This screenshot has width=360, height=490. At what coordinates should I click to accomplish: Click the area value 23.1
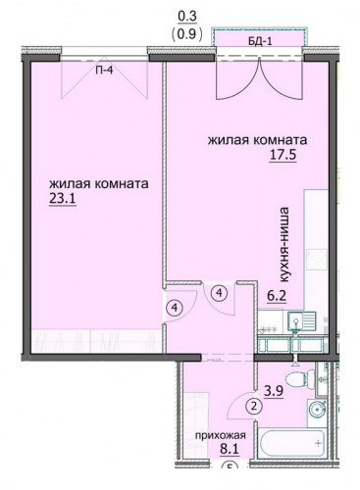click(x=63, y=199)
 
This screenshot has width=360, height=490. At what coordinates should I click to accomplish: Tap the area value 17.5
click(x=283, y=155)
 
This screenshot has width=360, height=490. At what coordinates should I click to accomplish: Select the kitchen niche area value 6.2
click(x=277, y=297)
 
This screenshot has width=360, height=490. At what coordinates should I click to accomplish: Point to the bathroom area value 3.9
click(x=274, y=391)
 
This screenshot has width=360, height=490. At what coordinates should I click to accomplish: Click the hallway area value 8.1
click(x=230, y=449)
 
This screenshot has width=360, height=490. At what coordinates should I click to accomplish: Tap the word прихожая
click(x=221, y=435)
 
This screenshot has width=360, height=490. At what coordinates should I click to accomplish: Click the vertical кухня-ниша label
click(x=283, y=245)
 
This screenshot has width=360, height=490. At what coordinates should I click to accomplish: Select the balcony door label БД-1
click(x=259, y=41)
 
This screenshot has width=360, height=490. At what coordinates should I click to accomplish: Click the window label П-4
click(x=104, y=70)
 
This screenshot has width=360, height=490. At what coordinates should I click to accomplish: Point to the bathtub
click(x=291, y=443)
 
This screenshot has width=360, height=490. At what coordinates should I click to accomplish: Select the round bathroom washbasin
click(x=317, y=409)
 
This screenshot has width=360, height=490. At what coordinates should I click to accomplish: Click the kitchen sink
click(x=301, y=320)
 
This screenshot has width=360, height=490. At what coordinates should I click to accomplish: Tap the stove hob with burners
click(x=317, y=262)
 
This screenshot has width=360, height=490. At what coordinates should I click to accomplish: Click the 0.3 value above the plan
click(x=187, y=17)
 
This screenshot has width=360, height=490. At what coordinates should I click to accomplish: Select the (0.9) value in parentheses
click(x=186, y=33)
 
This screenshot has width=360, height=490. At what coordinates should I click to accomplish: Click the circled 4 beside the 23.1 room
click(x=176, y=308)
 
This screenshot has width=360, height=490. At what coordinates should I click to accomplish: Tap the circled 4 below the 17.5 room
click(x=219, y=293)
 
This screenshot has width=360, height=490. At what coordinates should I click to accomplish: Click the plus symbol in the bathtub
click(x=318, y=444)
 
